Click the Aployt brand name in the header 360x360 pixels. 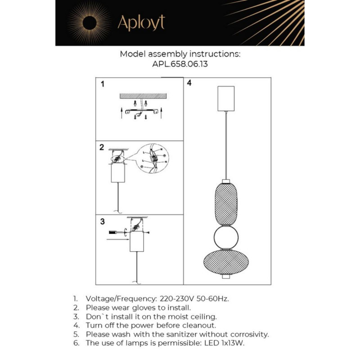point(141,23)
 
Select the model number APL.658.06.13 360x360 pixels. point(180,64)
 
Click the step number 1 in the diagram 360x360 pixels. point(103,84)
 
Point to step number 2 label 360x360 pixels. point(102,147)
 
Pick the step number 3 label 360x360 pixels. point(102,221)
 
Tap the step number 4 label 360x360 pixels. point(189,83)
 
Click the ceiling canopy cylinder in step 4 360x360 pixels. point(226,98)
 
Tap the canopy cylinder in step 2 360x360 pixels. point(117,174)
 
